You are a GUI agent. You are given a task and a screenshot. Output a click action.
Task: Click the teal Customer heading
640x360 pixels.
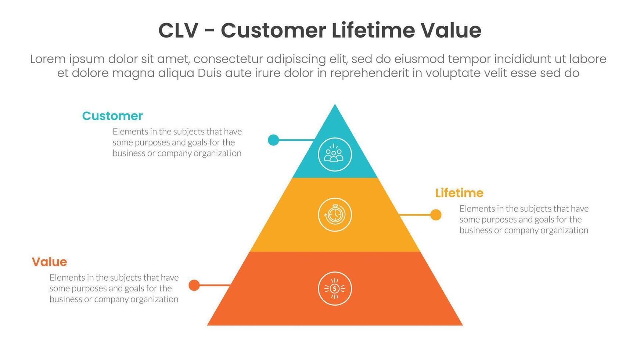(x=112, y=116)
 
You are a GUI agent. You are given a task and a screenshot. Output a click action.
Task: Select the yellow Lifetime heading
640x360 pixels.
(x=459, y=193)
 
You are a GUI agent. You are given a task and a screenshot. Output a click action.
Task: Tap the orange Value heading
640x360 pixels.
(x=49, y=262)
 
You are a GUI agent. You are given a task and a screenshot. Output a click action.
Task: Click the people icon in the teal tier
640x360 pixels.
(x=334, y=154)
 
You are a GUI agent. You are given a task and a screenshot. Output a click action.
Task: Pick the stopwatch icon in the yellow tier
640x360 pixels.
(x=334, y=215)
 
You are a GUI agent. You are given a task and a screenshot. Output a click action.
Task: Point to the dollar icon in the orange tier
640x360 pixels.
(x=334, y=288)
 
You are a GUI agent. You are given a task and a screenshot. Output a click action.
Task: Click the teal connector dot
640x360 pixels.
(x=273, y=140)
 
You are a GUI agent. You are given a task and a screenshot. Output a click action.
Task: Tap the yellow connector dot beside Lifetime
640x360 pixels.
(x=436, y=215)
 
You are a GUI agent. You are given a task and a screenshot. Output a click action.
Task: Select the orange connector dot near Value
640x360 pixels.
(x=194, y=285)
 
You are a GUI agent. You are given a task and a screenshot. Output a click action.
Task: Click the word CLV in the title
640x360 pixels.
(x=178, y=30)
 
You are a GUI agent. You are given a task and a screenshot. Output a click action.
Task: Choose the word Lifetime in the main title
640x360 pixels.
(x=374, y=30)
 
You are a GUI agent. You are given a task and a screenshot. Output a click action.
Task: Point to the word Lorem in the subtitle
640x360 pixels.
(x=48, y=59)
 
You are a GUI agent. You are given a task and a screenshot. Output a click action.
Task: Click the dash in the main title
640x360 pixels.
(x=209, y=31)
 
